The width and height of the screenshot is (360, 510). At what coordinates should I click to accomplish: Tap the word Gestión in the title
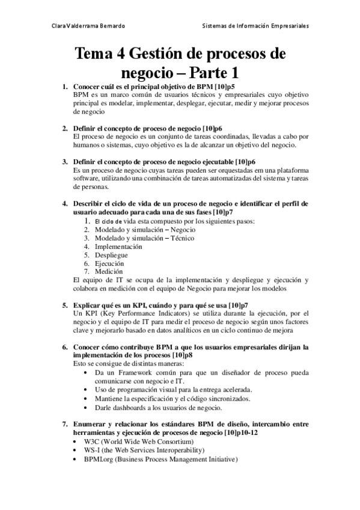tap(159, 55)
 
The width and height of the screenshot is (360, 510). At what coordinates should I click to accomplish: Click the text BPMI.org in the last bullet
tap(90, 459)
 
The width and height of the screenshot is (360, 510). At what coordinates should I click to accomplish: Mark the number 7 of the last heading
tap(65, 425)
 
